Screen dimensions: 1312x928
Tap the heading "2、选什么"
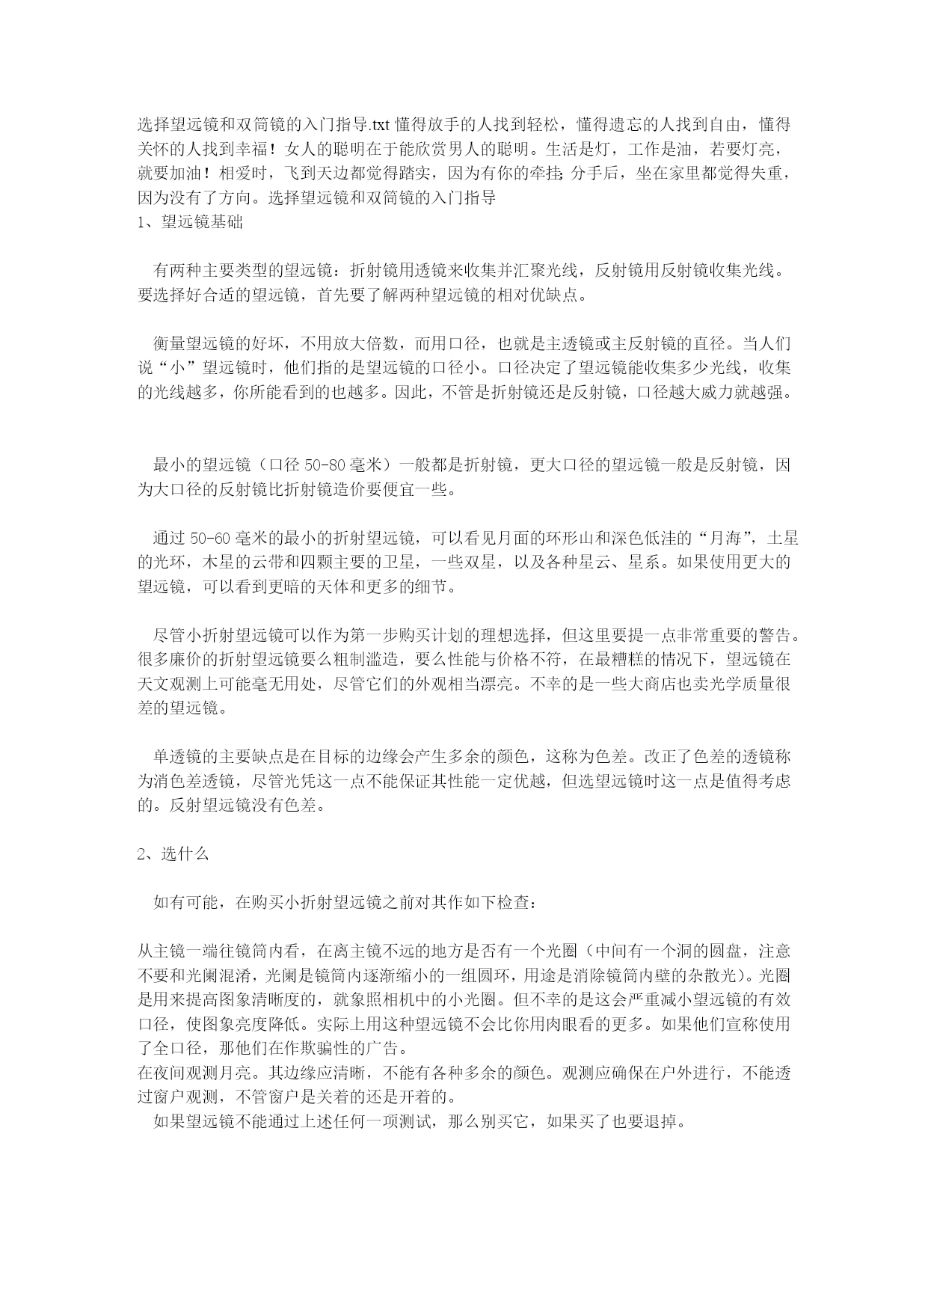[173, 854]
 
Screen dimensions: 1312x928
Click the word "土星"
[774, 539]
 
